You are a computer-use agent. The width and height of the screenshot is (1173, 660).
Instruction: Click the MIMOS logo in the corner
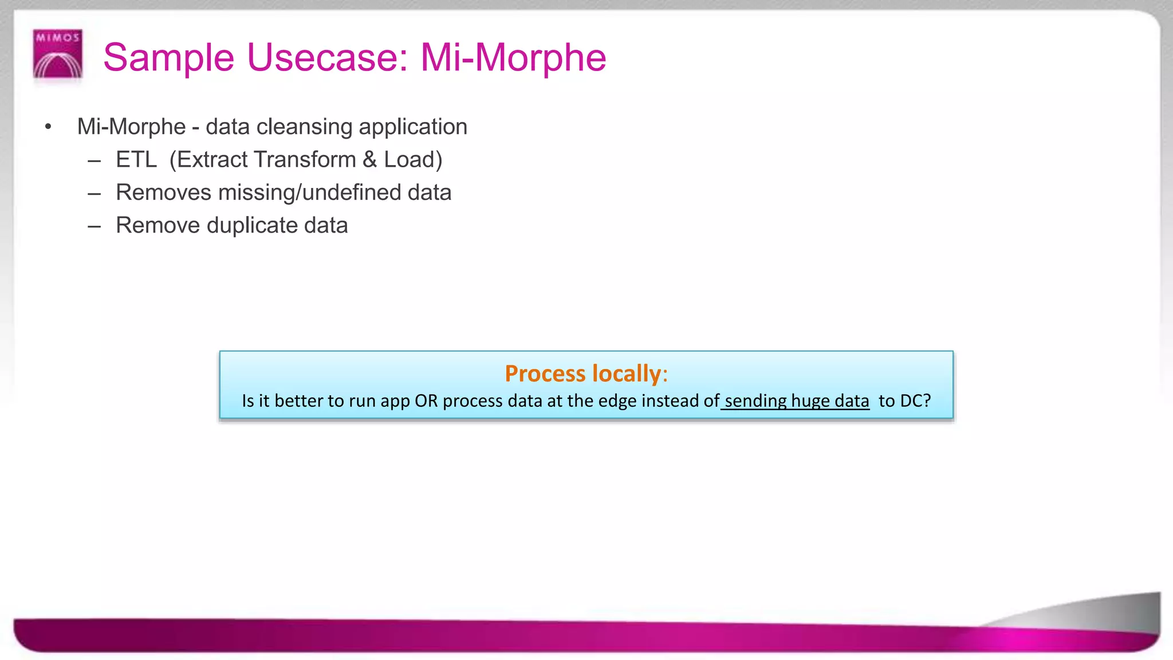tap(58, 54)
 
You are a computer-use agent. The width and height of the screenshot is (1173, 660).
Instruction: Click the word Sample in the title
tap(168, 58)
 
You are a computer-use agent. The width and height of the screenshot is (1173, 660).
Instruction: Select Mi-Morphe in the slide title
tap(513, 58)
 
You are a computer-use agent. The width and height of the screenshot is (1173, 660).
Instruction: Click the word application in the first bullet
tap(413, 127)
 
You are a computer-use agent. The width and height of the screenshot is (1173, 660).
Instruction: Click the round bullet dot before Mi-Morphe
tap(49, 127)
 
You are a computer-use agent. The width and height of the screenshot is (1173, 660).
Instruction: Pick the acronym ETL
tap(136, 160)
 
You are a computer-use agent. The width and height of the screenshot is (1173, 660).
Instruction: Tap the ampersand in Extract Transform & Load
tap(369, 160)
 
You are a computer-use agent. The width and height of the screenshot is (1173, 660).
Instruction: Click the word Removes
tap(163, 192)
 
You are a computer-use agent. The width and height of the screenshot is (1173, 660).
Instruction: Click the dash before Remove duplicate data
tap(95, 226)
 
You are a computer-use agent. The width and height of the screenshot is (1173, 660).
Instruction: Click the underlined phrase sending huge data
tap(796, 400)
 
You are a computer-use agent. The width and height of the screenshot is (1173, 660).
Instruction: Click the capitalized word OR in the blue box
tap(426, 400)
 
